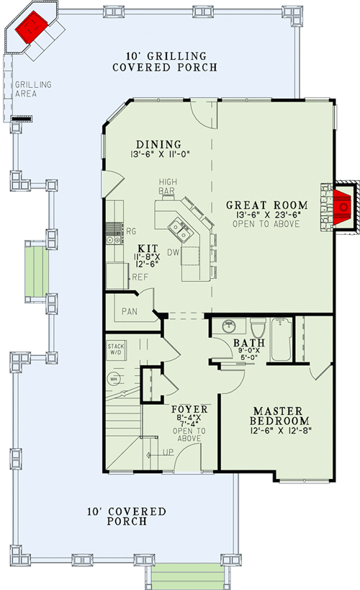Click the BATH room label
pos(246,344)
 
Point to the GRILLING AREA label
pos(33,89)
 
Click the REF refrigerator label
pos(140,277)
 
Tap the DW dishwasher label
pos(173,253)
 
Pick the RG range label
pos(131,231)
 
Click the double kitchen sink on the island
pos(179,231)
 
